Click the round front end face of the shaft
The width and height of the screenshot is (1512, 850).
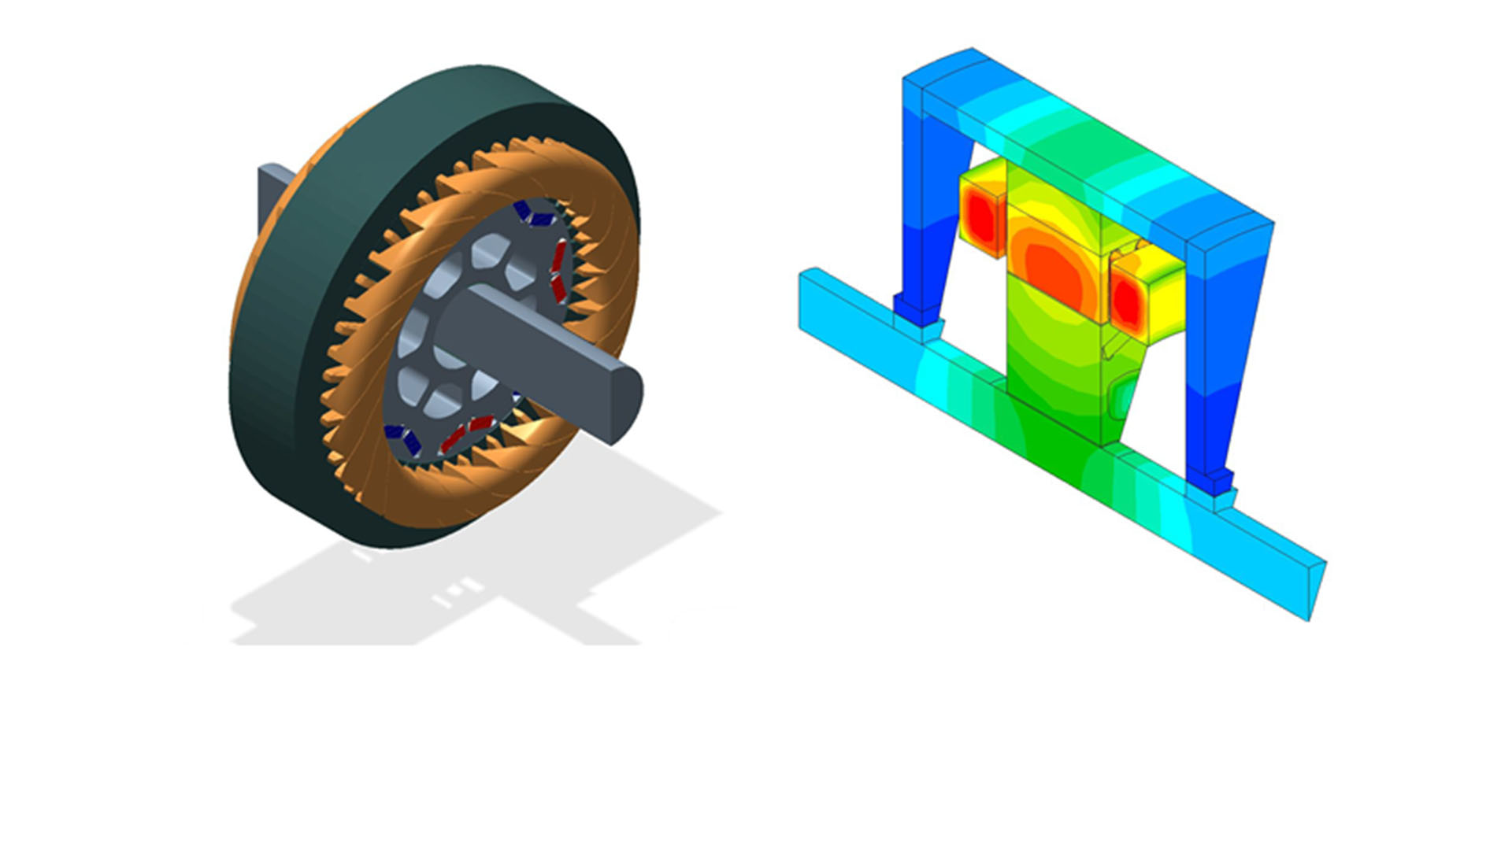click(x=625, y=406)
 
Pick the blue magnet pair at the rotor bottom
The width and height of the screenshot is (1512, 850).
click(x=402, y=439)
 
